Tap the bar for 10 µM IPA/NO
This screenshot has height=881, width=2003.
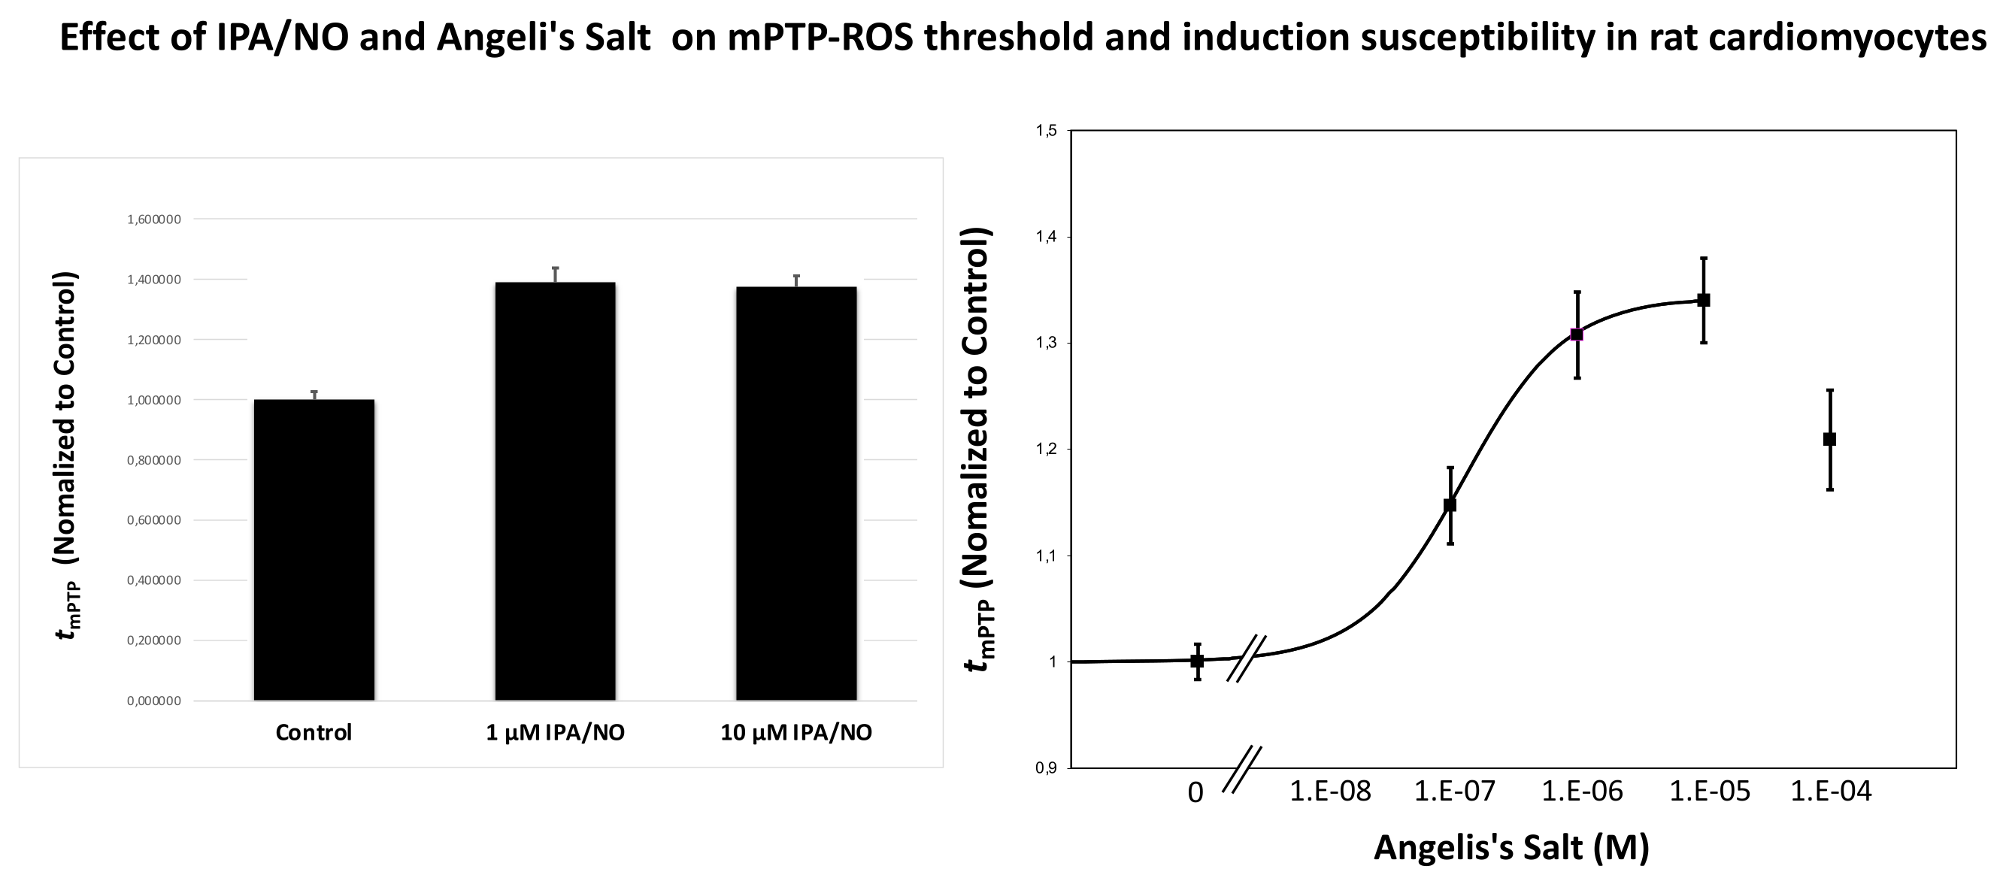coord(796,494)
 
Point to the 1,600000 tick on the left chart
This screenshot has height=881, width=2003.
coord(154,219)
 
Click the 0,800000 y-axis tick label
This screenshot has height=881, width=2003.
coord(154,460)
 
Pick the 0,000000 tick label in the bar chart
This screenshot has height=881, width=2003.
coord(154,701)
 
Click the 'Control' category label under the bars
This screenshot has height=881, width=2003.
coord(314,732)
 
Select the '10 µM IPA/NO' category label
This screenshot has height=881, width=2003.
coord(796,732)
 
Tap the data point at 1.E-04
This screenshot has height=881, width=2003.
coord(1829,439)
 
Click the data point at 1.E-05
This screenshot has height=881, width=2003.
coord(1703,300)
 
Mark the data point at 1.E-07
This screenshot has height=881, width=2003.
coord(1450,504)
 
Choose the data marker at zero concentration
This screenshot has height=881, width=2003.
coord(1198,661)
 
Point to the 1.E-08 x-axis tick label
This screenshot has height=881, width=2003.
coord(1330,792)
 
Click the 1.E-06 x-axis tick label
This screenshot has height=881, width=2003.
coord(1583,792)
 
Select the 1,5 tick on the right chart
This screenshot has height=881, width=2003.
coord(1047,131)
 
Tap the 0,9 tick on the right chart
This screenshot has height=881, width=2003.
coord(1047,768)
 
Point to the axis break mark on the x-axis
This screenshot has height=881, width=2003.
coord(1242,769)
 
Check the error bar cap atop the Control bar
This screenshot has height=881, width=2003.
coord(314,391)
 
